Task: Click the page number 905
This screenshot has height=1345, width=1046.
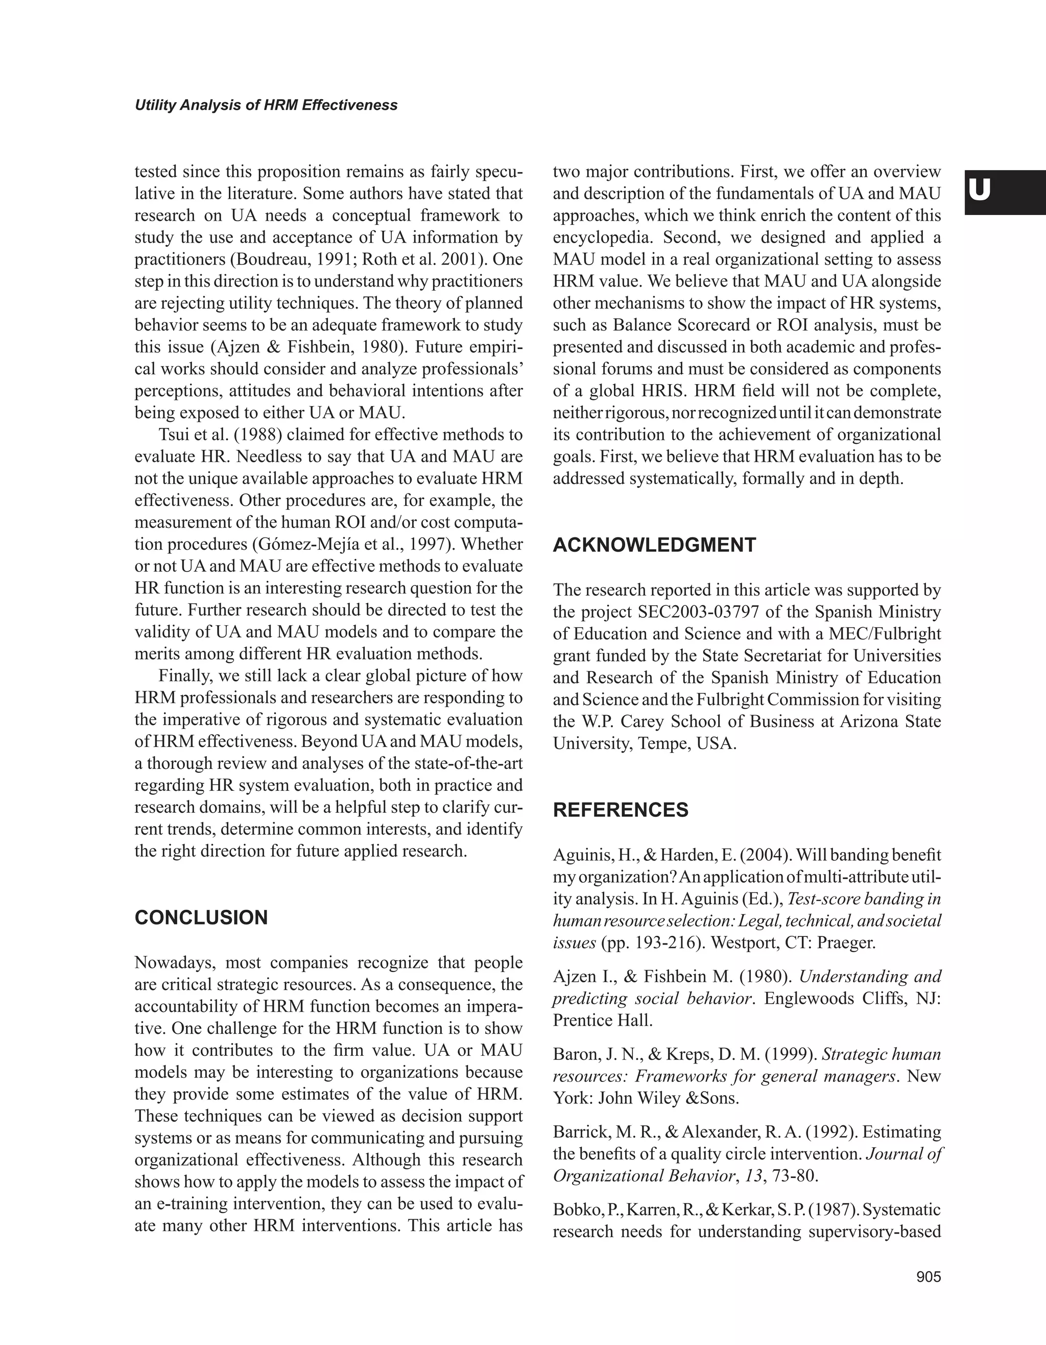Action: coord(929,1277)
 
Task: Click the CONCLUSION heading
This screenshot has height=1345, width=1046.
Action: coord(201,917)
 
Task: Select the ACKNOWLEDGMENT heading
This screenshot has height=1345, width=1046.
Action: coord(654,545)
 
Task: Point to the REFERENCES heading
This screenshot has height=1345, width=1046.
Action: coord(621,810)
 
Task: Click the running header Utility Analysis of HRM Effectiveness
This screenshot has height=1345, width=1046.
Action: coord(266,105)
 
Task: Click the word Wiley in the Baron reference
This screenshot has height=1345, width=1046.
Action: coord(660,1098)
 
